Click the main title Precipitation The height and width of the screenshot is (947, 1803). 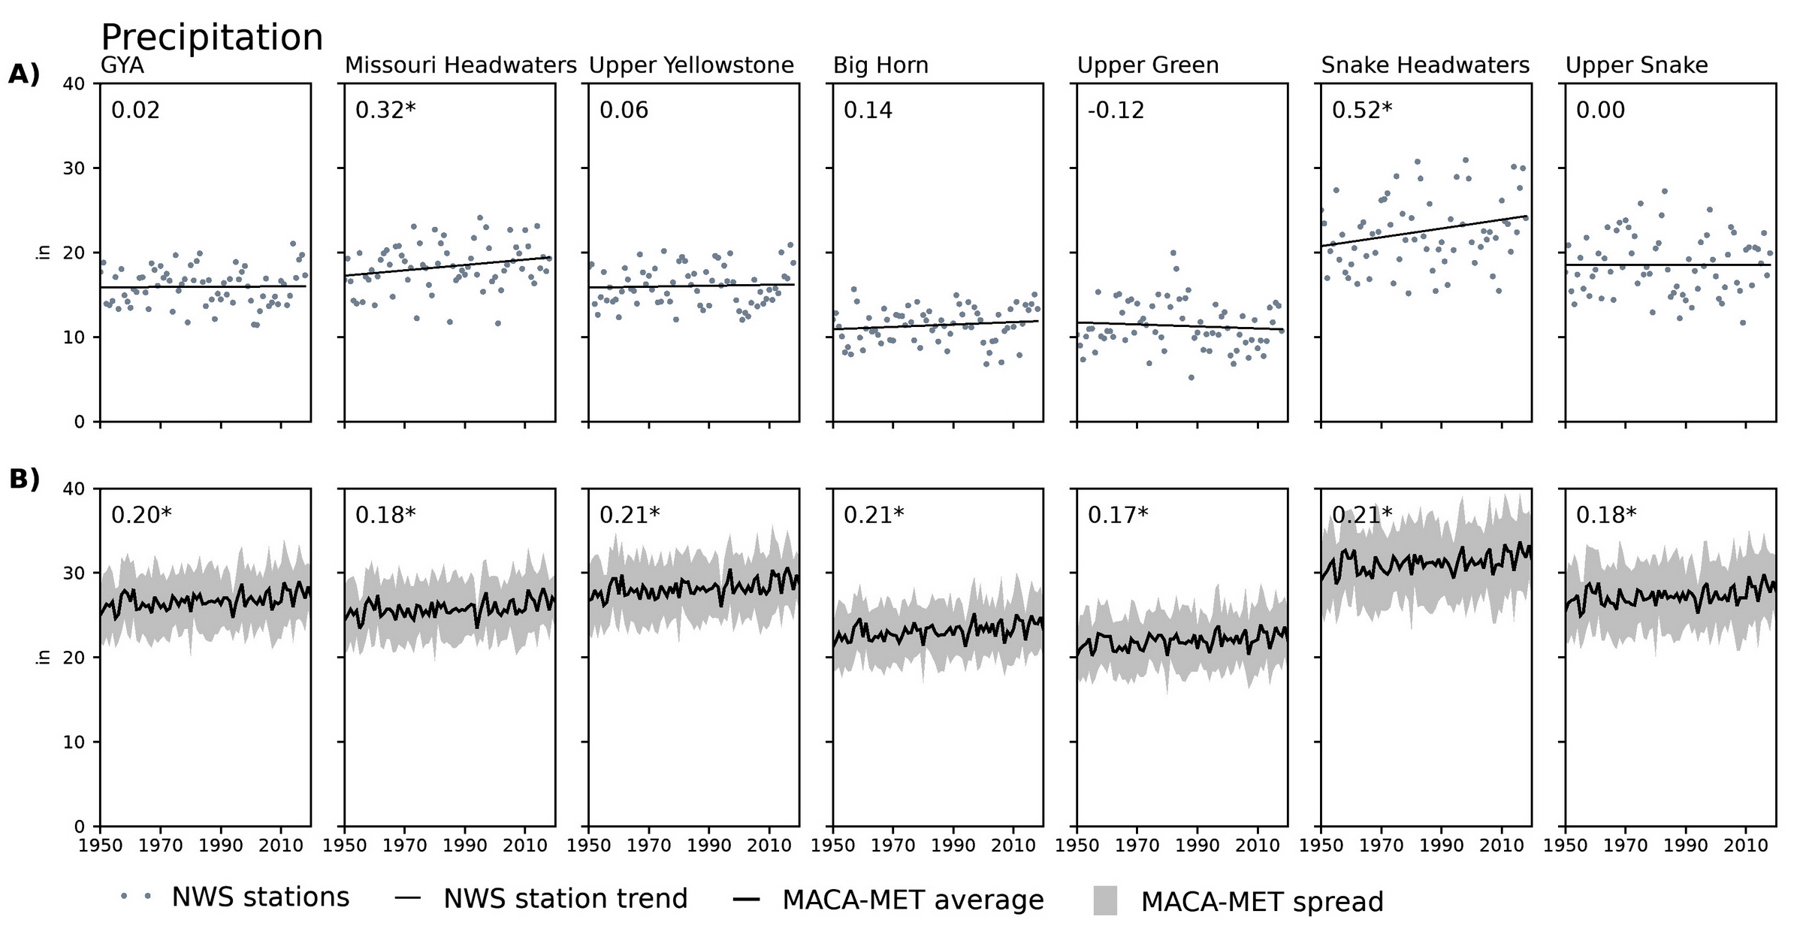coord(212,38)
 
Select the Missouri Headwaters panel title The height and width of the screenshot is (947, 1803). coord(461,66)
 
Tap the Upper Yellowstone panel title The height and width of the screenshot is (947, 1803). coord(691,66)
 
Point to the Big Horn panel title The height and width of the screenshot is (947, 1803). coord(880,66)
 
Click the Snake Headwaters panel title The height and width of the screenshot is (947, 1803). coord(1425,66)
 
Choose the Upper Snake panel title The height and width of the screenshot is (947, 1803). coord(1636,66)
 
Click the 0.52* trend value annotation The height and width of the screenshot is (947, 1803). coord(1361,110)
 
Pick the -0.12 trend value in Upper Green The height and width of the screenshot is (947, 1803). coord(1116,110)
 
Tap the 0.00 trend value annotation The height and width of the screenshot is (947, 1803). coord(1600,110)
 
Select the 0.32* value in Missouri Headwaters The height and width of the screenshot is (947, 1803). coord(385,110)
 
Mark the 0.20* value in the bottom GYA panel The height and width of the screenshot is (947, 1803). coord(141,515)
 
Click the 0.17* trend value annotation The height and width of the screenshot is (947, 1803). coord(1118,515)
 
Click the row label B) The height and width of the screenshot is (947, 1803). coord(24,480)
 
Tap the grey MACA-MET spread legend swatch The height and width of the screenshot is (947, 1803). coord(1105,900)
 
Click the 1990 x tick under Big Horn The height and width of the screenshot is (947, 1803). coord(953,846)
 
